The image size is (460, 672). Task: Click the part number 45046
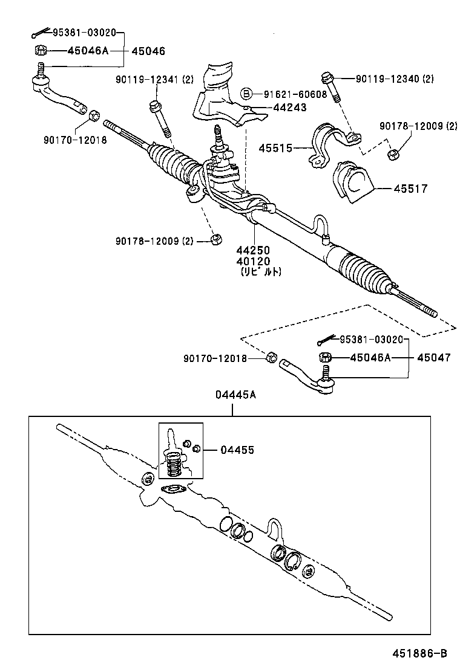[x=148, y=51]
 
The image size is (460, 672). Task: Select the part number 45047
[x=433, y=357]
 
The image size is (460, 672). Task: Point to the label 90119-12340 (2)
[x=394, y=79]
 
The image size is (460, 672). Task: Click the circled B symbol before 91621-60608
[x=247, y=94]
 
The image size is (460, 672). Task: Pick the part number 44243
[x=289, y=107]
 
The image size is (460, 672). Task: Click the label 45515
[x=275, y=147]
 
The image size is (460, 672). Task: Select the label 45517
[x=411, y=189]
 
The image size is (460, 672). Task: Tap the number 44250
[x=253, y=250]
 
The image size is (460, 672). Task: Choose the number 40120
[x=253, y=261]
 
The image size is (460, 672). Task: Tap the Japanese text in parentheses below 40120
[x=261, y=272]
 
